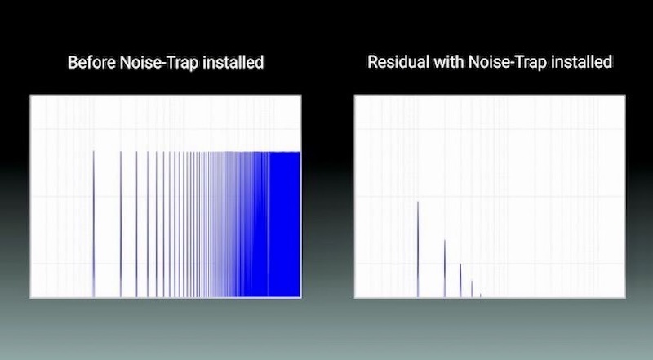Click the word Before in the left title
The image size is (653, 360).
(91, 63)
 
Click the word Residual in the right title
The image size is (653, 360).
(398, 62)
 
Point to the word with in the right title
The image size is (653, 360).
(449, 62)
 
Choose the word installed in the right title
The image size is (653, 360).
(581, 62)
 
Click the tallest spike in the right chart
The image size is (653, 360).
(418, 249)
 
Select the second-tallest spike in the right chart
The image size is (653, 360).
(444, 269)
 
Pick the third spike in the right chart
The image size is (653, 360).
(460, 281)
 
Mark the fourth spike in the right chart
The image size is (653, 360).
(472, 289)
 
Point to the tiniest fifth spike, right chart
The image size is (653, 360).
(480, 295)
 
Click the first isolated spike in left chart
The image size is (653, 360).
(93, 224)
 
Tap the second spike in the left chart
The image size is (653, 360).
(120, 224)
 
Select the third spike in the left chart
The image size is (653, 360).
(136, 224)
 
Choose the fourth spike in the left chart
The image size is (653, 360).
(148, 224)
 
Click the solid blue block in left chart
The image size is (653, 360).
(284, 224)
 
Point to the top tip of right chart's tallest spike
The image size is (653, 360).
(418, 202)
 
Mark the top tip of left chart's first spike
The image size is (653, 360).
(93, 151)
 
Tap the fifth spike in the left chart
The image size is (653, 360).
(156, 224)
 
